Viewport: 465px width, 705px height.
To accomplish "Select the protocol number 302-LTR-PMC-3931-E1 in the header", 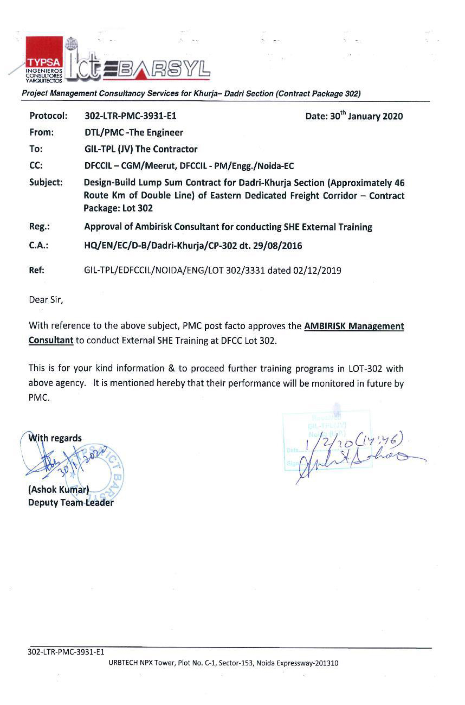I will (131, 116).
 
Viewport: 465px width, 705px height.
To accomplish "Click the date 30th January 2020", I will (354, 116).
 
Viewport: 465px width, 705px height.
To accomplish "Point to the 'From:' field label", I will (41, 132).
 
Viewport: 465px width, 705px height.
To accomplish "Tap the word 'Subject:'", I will (46, 182).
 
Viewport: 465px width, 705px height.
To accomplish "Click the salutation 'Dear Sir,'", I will (46, 299).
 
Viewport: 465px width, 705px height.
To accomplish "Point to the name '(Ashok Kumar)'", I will (58, 490).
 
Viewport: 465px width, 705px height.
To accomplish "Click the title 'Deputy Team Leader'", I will (71, 503).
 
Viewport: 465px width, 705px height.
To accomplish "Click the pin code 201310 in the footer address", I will (326, 663).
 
